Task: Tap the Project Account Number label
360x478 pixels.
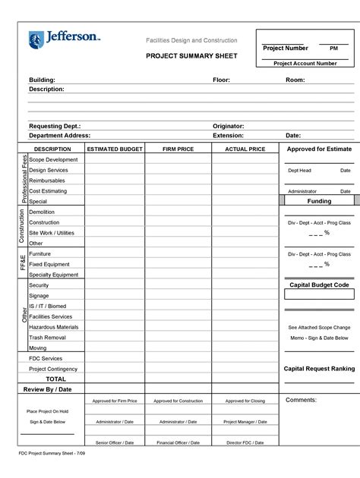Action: point(305,64)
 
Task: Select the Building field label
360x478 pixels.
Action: point(43,80)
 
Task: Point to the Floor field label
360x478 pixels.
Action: point(221,80)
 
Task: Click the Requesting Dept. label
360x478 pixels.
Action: point(55,126)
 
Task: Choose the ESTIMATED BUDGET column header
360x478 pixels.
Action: point(114,149)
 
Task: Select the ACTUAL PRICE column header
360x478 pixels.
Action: point(245,149)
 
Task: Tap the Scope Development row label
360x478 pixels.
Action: point(53,160)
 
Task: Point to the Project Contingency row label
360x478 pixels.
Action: point(55,368)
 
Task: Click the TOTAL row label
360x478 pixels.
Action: point(55,378)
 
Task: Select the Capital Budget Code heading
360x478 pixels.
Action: point(319,285)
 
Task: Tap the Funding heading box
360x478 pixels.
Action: point(319,202)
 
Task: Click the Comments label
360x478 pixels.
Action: point(301,400)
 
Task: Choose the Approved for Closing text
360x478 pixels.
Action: point(245,401)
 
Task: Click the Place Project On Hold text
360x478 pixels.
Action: point(47,410)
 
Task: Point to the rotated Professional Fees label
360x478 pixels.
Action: point(23,181)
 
